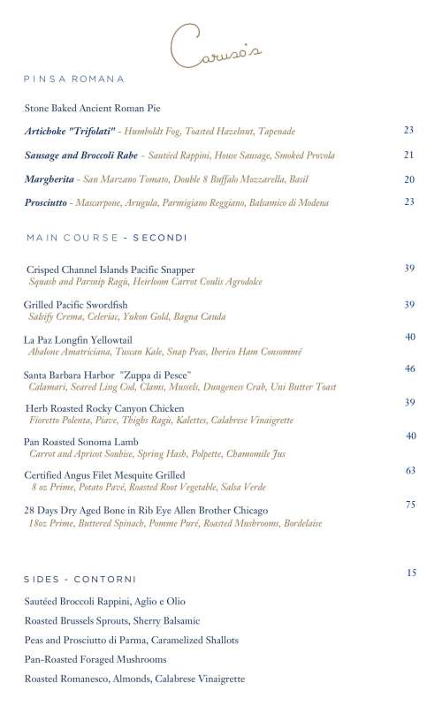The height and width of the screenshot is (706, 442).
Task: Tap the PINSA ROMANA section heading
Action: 74,80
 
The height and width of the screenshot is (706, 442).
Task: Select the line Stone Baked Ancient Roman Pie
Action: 93,109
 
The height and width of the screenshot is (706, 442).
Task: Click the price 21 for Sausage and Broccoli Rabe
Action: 409,155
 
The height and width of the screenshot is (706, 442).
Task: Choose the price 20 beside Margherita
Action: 409,178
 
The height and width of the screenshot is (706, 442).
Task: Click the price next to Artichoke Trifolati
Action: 409,130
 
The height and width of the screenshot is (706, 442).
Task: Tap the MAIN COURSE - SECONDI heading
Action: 107,239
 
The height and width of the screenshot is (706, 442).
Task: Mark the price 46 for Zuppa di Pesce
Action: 410,368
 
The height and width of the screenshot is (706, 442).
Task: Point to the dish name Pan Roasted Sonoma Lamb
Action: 81,442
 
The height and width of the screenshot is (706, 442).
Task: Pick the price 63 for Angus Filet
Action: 410,471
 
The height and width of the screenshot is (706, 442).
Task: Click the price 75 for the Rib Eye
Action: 410,505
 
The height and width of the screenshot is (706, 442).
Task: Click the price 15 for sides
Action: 411,573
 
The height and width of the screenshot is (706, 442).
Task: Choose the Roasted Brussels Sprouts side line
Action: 112,620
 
